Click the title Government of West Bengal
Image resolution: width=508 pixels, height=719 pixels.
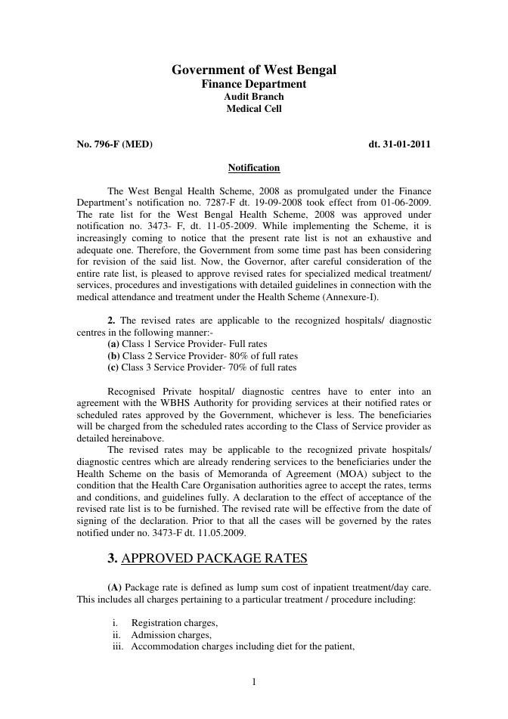[254, 70]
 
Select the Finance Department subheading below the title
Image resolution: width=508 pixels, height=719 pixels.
[254, 84]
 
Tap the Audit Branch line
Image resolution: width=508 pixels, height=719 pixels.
[254, 97]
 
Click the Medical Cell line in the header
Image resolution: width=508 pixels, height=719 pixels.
[254, 109]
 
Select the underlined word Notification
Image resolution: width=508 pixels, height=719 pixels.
[254, 168]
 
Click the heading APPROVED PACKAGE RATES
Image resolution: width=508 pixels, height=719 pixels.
[214, 559]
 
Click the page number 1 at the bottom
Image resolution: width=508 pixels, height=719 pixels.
[254, 683]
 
